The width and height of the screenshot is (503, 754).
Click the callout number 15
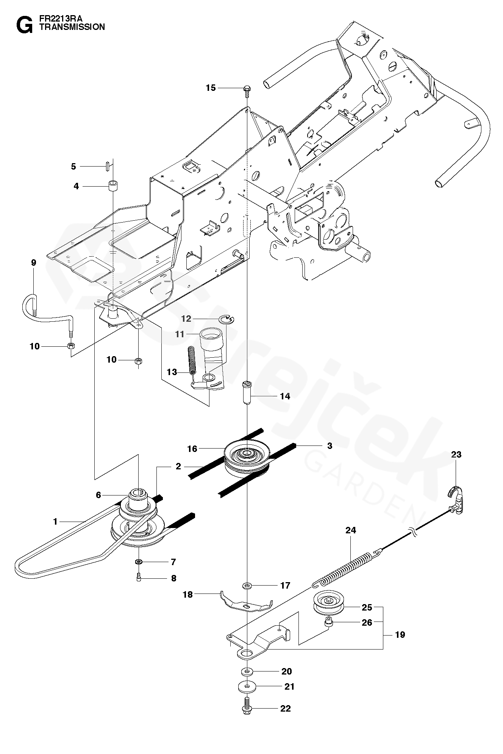pyautogui.click(x=211, y=88)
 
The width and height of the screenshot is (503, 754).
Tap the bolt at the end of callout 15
pyautogui.click(x=247, y=89)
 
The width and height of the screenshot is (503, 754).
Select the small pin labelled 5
pyautogui.click(x=108, y=166)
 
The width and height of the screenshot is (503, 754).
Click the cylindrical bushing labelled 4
pyautogui.click(x=112, y=187)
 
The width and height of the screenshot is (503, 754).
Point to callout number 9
pyautogui.click(x=33, y=262)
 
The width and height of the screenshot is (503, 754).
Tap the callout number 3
pyautogui.click(x=330, y=446)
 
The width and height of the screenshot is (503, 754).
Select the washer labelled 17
pyautogui.click(x=247, y=586)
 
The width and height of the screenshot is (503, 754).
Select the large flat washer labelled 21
pyautogui.click(x=247, y=686)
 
